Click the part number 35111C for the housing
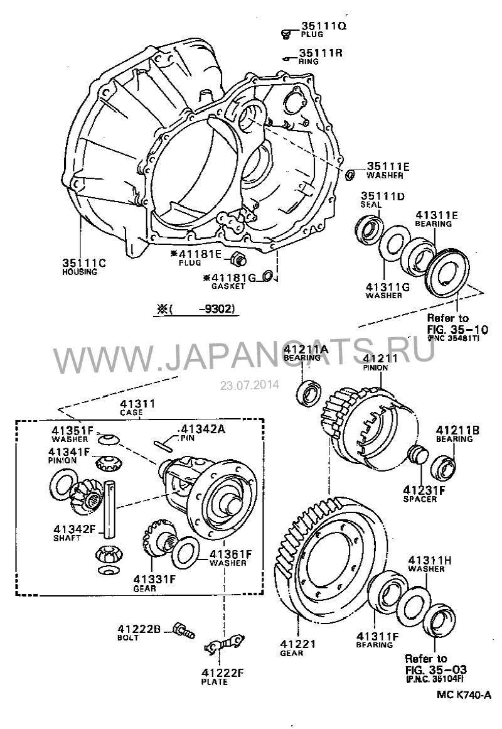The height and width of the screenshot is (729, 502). pyautogui.click(x=83, y=263)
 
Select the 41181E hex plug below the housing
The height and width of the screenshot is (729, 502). pyautogui.click(x=238, y=257)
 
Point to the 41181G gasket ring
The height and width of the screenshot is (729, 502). pyautogui.click(x=267, y=276)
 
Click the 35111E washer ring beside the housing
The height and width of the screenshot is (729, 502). pyautogui.click(x=351, y=173)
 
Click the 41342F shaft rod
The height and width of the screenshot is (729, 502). pyautogui.click(x=111, y=509)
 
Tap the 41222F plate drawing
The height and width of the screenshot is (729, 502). pyautogui.click(x=223, y=643)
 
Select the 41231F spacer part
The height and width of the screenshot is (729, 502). pyautogui.click(x=416, y=454)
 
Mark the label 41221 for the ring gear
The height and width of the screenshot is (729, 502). pyautogui.click(x=298, y=644)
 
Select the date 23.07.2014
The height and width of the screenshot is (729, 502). pyautogui.click(x=249, y=384)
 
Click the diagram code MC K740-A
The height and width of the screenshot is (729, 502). pyautogui.click(x=464, y=695)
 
